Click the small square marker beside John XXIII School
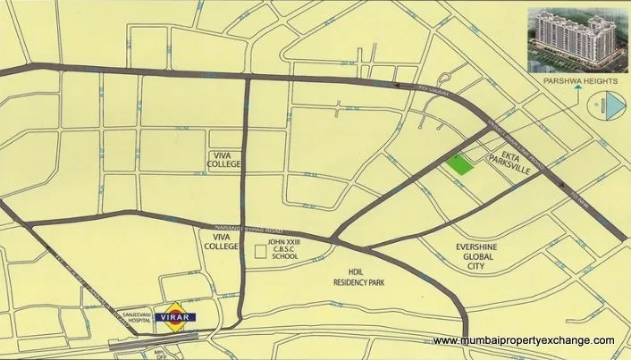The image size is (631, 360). point(260,252)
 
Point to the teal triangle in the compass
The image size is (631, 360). point(611,109)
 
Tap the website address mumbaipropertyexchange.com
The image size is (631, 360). point(524,340)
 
